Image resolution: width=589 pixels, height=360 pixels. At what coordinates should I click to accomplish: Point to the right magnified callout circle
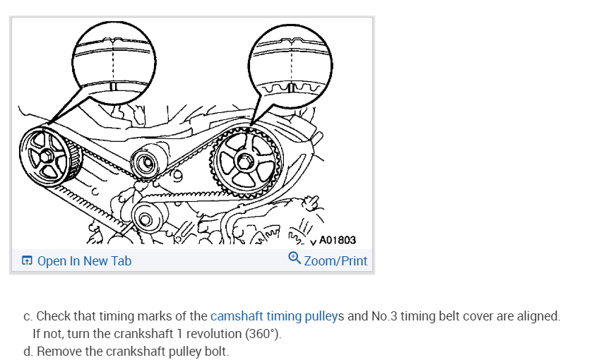coord(290,66)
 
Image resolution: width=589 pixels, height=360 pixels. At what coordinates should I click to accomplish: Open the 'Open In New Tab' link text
coord(84,261)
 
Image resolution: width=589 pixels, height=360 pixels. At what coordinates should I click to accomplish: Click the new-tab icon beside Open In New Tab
coord(28,261)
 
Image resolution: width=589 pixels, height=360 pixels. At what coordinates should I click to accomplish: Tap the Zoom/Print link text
coord(335,261)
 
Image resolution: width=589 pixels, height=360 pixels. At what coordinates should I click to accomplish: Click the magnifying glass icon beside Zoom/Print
coord(295,259)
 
